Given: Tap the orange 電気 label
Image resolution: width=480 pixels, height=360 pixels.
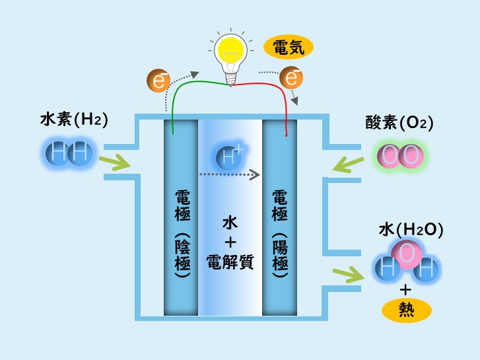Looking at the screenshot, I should click(289, 47).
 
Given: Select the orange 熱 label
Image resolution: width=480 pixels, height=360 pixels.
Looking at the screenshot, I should click(406, 310).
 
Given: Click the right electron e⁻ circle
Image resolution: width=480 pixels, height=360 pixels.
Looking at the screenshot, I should click(291, 78).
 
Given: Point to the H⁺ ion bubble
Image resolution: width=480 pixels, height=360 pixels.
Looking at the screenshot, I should click(230, 157).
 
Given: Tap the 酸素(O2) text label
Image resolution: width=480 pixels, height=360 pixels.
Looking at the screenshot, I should click(399, 122).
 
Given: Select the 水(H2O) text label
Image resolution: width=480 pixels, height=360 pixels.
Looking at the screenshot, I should click(410, 229).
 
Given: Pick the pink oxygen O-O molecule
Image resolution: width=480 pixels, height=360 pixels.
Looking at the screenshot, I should click(399, 157).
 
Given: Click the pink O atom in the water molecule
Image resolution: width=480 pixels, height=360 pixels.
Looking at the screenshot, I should click(407, 252).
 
